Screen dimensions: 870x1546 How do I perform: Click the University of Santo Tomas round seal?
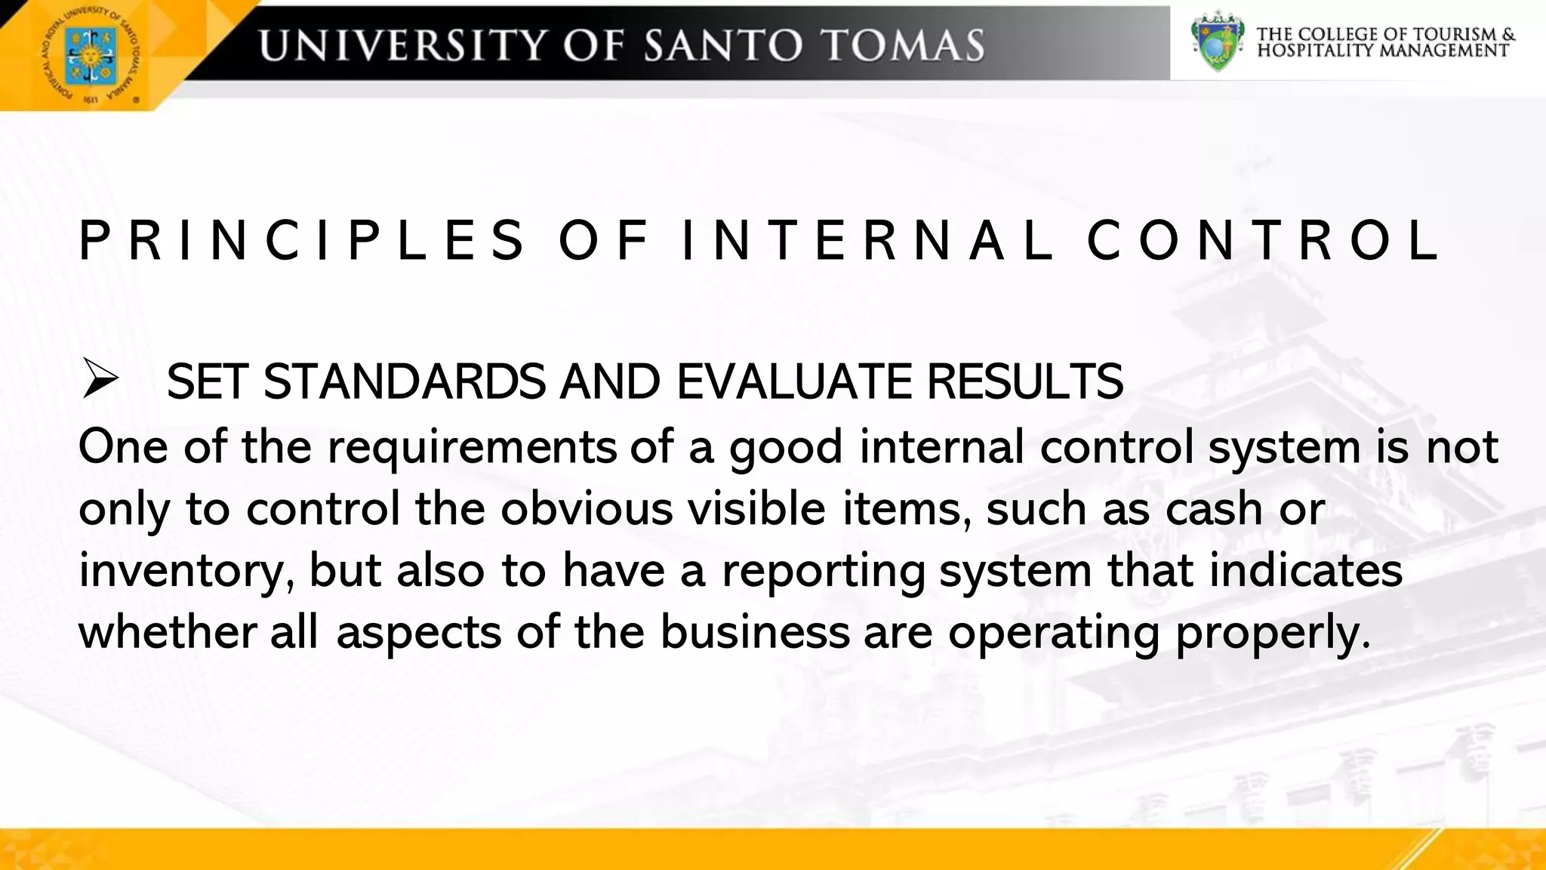pyautogui.click(x=89, y=54)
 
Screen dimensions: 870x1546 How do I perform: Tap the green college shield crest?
pyautogui.click(x=1217, y=41)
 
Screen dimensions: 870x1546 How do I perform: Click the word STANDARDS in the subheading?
pyautogui.click(x=404, y=381)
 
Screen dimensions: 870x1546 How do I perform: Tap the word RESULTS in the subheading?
pyautogui.click(x=1024, y=381)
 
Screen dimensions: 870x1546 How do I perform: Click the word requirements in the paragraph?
pyautogui.click(x=472, y=448)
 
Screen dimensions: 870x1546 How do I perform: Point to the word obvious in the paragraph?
pyautogui.click(x=587, y=509)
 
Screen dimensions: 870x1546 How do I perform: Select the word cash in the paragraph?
pyautogui.click(x=1214, y=509)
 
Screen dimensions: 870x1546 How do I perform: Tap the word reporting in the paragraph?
pyautogui.click(x=823, y=572)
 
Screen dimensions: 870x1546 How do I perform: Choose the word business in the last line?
pyautogui.click(x=755, y=633)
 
